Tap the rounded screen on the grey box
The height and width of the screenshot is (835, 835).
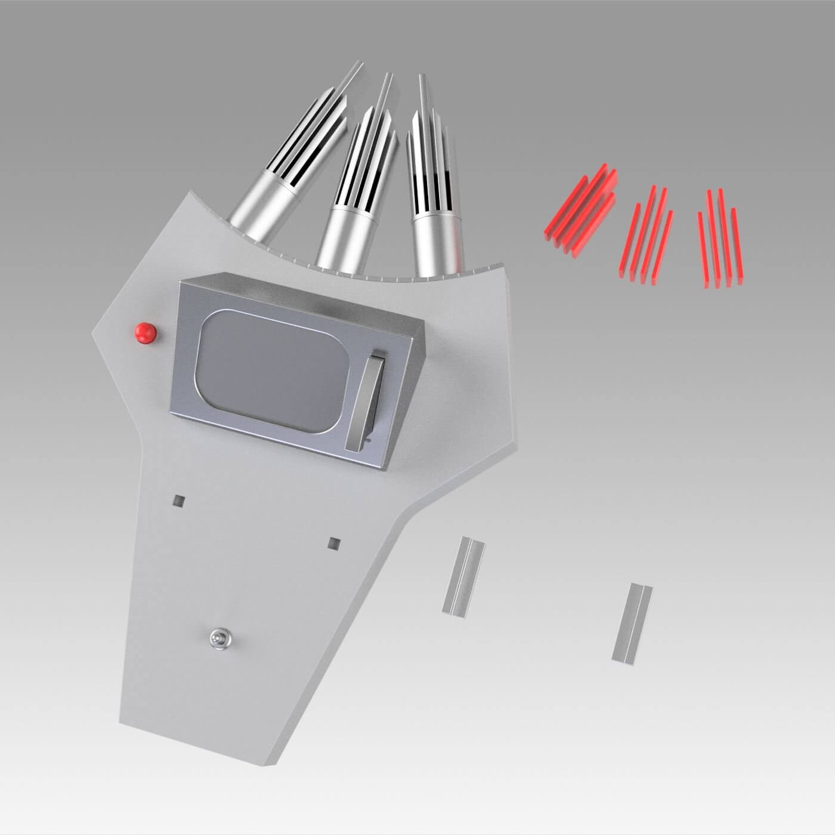click(x=268, y=370)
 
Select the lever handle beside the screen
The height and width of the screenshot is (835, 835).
click(x=365, y=400)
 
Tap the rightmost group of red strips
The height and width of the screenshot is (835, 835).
click(x=720, y=239)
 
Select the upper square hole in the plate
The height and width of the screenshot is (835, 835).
click(x=178, y=500)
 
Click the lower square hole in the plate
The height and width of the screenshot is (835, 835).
click(x=335, y=543)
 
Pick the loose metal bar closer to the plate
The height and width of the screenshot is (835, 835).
click(x=463, y=576)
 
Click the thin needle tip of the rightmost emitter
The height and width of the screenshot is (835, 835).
click(x=422, y=83)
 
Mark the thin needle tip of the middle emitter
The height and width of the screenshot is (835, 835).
click(x=388, y=81)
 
